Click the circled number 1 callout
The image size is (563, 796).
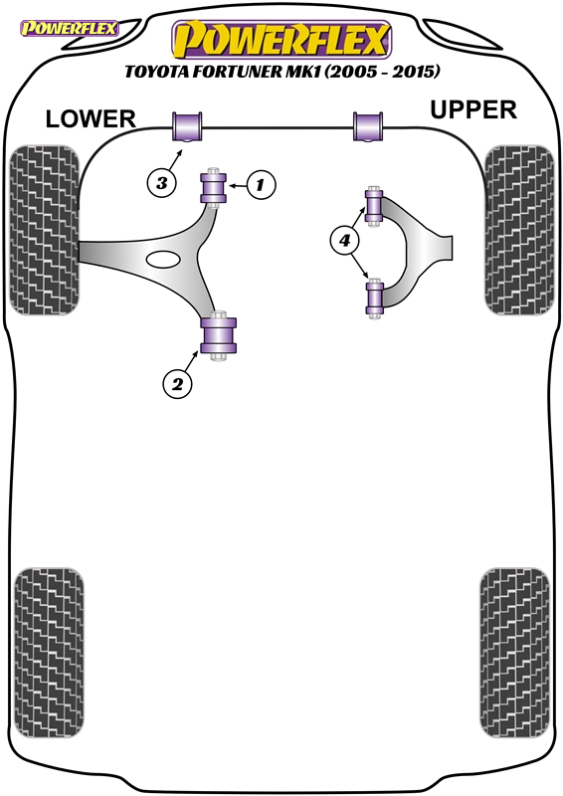(261, 185)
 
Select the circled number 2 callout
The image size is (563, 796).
(177, 383)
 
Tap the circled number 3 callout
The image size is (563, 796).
(162, 182)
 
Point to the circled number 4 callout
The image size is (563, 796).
(345, 240)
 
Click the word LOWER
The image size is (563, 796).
(91, 119)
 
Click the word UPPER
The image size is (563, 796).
(473, 109)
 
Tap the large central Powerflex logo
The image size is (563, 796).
(281, 40)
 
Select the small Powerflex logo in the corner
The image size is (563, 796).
(69, 28)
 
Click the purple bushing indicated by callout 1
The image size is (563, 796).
(214, 187)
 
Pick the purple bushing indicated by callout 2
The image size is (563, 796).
(219, 335)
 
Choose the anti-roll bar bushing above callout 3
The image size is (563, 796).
(187, 126)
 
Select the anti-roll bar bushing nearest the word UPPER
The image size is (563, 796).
(368, 126)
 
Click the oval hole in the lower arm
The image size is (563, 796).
(163, 259)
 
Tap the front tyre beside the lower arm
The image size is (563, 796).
(45, 230)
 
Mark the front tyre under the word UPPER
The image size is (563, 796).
(519, 230)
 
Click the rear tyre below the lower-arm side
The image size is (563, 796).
(49, 653)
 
